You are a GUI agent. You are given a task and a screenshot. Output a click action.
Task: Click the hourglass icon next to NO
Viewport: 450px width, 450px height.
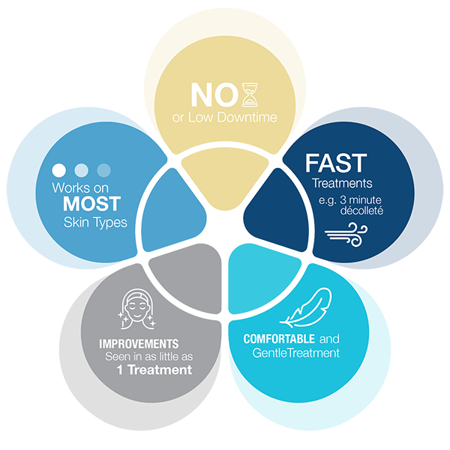click(x=244, y=94)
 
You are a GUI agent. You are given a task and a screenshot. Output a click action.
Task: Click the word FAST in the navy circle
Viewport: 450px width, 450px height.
click(x=335, y=163)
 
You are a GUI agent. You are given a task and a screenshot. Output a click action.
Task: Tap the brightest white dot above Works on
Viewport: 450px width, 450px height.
click(x=58, y=169)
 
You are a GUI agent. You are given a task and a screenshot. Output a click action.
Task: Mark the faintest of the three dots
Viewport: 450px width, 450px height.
click(x=104, y=169)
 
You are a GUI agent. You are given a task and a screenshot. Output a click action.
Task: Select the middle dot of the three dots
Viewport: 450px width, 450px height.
click(x=81, y=169)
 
